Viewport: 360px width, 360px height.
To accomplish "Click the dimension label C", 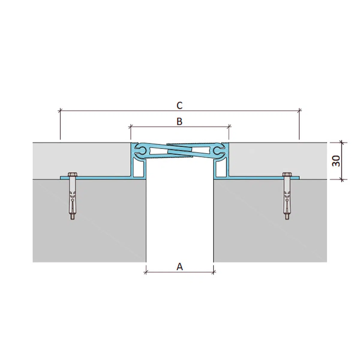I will click(x=179, y=105).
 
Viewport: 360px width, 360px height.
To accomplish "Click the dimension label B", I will click(x=179, y=121).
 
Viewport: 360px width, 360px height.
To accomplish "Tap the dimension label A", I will click(x=179, y=266).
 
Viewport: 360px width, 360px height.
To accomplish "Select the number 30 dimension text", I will click(x=336, y=161).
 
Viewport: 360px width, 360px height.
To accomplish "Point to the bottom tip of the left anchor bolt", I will click(x=72, y=218).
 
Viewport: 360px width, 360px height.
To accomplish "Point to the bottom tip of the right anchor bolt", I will click(x=287, y=218).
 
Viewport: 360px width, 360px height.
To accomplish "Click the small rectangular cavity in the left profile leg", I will click(x=139, y=171).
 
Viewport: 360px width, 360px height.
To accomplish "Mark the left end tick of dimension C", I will click(x=60, y=111).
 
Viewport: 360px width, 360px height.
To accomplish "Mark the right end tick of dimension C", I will click(x=299, y=111).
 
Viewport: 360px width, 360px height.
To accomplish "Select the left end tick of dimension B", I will click(x=130, y=127).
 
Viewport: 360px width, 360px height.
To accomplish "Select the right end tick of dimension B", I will click(x=229, y=127).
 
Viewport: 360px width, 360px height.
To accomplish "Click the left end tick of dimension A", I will click(x=146, y=272).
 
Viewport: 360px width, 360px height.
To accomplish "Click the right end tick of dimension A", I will click(x=214, y=272).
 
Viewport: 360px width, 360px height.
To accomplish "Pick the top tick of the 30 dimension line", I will click(x=341, y=142).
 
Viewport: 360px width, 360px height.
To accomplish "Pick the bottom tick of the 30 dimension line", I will click(x=341, y=179).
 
